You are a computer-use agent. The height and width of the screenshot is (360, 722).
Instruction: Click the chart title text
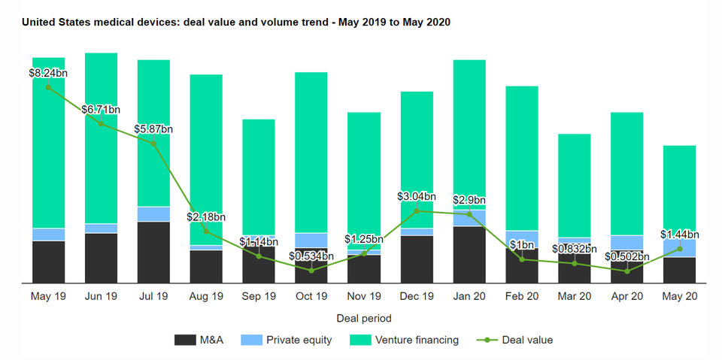pos(235,23)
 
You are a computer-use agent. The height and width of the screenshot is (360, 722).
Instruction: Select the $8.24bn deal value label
pos(49,73)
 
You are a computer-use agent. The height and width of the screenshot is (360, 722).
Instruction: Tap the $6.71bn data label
pos(101,110)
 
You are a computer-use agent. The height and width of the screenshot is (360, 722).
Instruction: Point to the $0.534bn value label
pos(311,257)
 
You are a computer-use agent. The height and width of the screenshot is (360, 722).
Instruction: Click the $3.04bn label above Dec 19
pos(416,196)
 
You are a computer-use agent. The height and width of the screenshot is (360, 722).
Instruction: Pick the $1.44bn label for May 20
pos(679,234)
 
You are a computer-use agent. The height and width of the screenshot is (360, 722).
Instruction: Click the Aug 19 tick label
pos(206,296)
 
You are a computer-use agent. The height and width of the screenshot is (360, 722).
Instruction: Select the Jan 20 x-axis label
pos(469,296)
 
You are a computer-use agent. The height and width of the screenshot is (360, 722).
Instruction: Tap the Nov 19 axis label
pos(364,296)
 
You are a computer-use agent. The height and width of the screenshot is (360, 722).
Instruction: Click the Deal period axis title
pos(364,319)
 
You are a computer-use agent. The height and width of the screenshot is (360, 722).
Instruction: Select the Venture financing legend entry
pos(404,340)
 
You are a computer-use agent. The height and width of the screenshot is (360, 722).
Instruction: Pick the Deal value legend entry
pos(515,340)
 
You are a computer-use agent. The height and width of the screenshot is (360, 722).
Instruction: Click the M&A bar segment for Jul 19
pos(153,252)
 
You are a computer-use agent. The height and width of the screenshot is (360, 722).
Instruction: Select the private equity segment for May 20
pos(679,249)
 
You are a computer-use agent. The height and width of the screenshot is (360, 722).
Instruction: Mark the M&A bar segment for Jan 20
pos(469,254)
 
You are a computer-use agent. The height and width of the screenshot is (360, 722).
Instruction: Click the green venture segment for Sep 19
pos(259,177)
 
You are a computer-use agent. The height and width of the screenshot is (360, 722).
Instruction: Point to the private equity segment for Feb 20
pos(521,239)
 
